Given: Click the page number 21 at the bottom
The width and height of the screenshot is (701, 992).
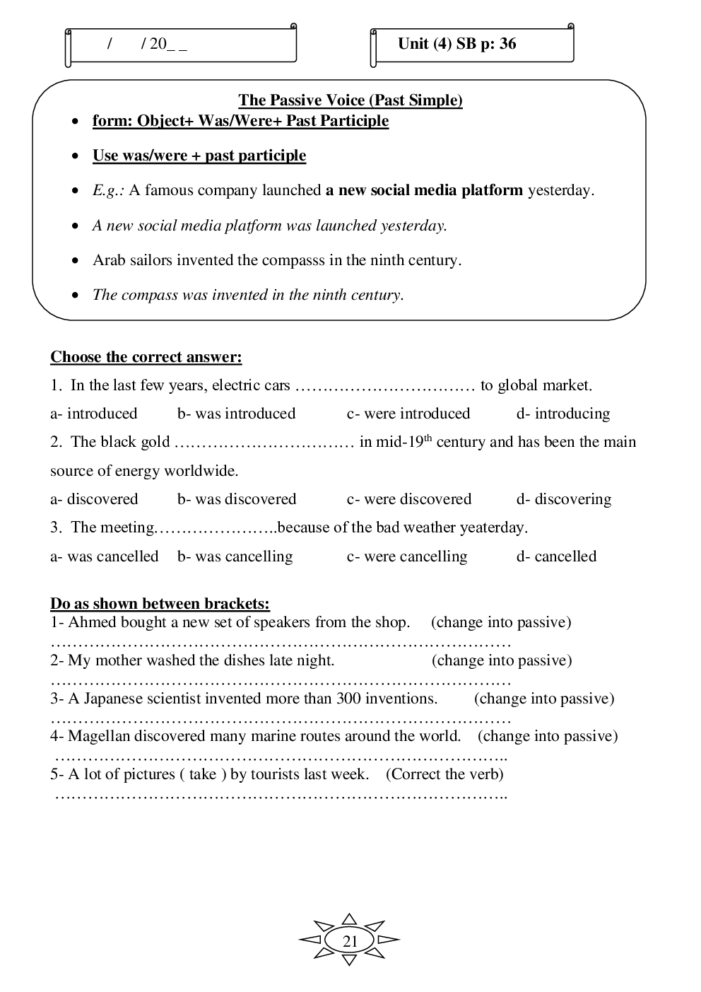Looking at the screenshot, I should pyautogui.click(x=350, y=941).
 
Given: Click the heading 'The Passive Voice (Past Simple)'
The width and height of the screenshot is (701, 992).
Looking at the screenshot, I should pyautogui.click(x=350, y=100).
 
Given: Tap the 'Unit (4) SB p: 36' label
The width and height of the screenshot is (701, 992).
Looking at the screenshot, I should pyautogui.click(x=457, y=44).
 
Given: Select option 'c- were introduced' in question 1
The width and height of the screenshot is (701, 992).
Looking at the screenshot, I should pyautogui.click(x=408, y=414).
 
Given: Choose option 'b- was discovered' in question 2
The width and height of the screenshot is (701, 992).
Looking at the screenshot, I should pyautogui.click(x=237, y=499).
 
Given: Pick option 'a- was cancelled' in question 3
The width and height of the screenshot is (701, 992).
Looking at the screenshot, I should pyautogui.click(x=105, y=556).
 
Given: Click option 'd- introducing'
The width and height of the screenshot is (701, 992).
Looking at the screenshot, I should pyautogui.click(x=563, y=414).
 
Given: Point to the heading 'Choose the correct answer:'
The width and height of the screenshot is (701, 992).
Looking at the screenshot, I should pyautogui.click(x=146, y=357).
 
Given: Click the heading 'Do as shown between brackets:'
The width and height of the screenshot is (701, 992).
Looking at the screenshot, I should pyautogui.click(x=160, y=604).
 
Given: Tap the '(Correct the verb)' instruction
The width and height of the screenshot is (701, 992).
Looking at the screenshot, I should pyautogui.click(x=445, y=774).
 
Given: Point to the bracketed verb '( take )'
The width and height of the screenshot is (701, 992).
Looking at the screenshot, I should pyautogui.click(x=203, y=774).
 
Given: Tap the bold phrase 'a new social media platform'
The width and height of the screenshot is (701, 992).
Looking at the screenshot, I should pyautogui.click(x=424, y=190).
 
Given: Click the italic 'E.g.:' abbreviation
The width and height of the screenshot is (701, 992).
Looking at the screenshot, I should pyautogui.click(x=108, y=190).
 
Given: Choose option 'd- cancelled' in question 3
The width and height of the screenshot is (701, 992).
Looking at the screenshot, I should pyautogui.click(x=557, y=556).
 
